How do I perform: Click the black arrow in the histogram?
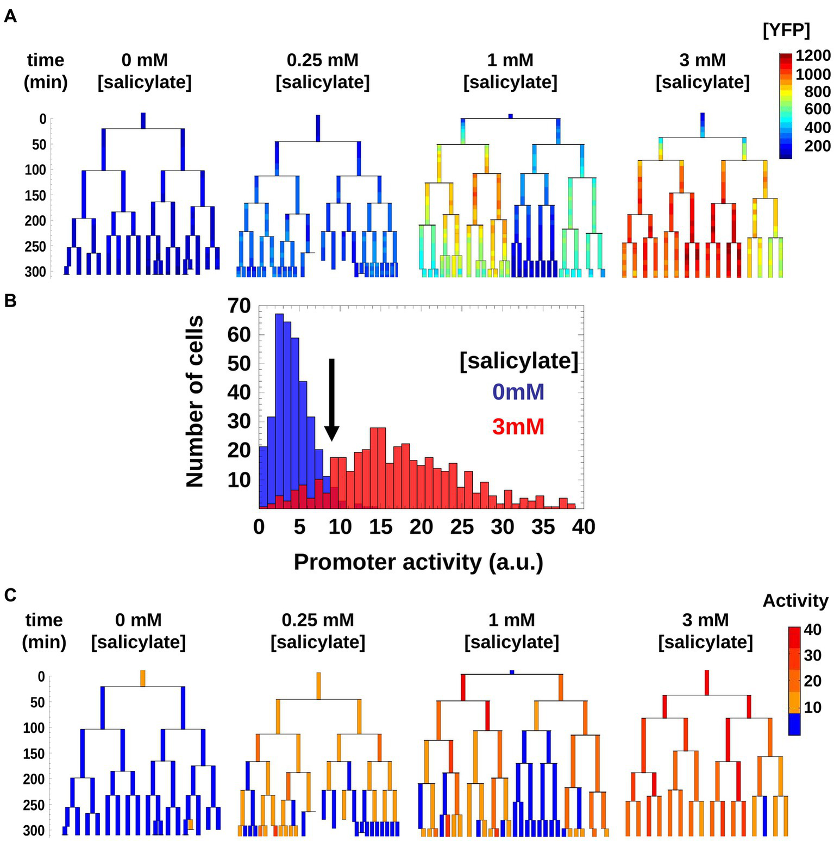click(332, 400)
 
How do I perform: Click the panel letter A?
click(10, 17)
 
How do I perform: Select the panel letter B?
click(10, 301)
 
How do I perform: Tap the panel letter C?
click(10, 595)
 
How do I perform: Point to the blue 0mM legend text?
click(518, 392)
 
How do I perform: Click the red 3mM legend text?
click(518, 427)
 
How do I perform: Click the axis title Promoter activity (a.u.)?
click(418, 562)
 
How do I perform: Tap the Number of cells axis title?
click(195, 401)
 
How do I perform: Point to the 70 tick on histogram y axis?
click(239, 306)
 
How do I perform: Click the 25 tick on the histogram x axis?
click(462, 527)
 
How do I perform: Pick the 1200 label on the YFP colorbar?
click(813, 56)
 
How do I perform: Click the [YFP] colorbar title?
click(786, 31)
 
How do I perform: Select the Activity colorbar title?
click(795, 601)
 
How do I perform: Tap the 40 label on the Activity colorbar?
click(812, 630)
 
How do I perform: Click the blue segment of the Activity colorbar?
click(794, 724)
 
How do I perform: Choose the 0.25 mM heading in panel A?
click(323, 60)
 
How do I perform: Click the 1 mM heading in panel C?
click(511, 620)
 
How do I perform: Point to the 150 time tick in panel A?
click(35, 195)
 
